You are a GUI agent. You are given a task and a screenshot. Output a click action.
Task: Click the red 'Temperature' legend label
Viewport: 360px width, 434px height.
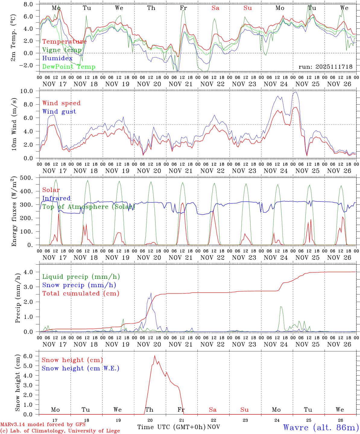click(64, 42)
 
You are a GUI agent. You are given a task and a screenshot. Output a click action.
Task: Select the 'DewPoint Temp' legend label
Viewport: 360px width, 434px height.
click(69, 67)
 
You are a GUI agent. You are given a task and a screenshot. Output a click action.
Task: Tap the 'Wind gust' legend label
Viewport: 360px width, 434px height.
click(59, 112)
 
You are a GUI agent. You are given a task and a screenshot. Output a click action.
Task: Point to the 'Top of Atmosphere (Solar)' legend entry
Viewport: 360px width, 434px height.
click(88, 207)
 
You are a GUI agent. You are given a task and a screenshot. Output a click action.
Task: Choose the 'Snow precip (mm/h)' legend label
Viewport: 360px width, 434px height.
click(79, 285)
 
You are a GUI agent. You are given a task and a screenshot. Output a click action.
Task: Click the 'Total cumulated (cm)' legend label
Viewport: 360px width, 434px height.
click(81, 293)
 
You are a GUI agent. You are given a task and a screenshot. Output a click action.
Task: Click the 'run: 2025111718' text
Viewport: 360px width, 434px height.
click(325, 67)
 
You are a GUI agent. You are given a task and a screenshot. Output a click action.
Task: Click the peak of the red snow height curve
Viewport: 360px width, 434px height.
click(155, 356)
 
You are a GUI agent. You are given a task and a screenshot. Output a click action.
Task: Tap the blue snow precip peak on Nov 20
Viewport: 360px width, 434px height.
click(151, 293)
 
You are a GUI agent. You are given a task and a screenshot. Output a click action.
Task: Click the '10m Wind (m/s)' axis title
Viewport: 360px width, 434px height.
click(14, 124)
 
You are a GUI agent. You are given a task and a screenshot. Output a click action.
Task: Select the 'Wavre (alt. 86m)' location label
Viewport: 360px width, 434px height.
click(321, 427)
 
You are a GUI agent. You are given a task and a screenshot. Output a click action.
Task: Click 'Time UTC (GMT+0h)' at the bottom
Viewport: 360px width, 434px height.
click(172, 427)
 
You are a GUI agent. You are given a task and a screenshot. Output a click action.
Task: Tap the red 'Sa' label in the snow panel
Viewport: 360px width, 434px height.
click(213, 410)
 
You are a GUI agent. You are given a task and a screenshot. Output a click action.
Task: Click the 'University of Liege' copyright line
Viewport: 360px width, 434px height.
click(60, 431)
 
